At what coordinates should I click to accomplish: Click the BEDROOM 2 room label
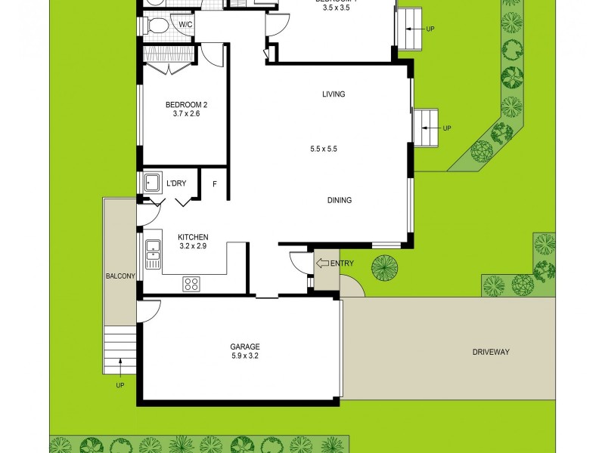click(x=185, y=105)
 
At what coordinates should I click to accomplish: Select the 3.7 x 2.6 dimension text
click(x=185, y=115)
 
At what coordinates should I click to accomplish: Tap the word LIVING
click(x=334, y=94)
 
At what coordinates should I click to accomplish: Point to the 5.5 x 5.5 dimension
click(x=323, y=149)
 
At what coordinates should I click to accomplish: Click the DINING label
click(x=340, y=200)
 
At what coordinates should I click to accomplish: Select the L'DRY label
click(x=176, y=183)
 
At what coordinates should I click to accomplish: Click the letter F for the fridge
click(x=214, y=184)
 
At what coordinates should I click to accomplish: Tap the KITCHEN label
click(x=192, y=236)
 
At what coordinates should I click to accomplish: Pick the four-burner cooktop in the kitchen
click(x=191, y=284)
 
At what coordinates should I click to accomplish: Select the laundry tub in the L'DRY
click(x=151, y=182)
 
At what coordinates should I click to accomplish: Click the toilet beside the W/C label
click(x=157, y=26)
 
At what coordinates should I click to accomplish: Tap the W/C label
click(x=185, y=25)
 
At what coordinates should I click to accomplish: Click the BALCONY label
click(x=120, y=276)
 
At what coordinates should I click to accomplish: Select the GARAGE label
click(x=245, y=347)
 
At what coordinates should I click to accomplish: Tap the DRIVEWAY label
click(x=492, y=352)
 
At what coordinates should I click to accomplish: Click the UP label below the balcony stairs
click(x=119, y=385)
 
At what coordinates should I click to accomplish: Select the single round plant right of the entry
click(x=384, y=267)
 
